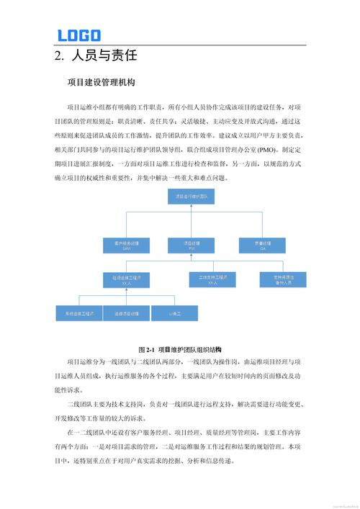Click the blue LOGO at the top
click(x=78, y=35)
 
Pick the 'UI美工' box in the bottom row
click(x=171, y=313)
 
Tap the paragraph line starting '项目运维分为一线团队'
click(x=180, y=361)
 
